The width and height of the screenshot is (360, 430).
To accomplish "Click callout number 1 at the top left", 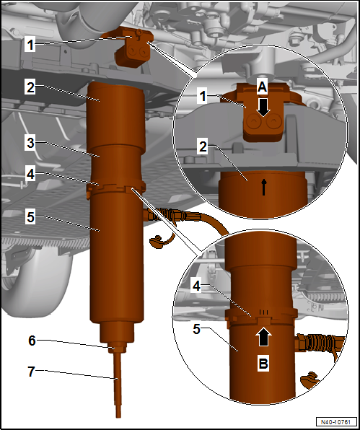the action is pyautogui.click(x=30, y=45).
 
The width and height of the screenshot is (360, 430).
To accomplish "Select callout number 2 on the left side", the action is pyautogui.click(x=30, y=87).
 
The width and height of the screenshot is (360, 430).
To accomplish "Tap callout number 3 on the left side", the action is pyautogui.click(x=30, y=144).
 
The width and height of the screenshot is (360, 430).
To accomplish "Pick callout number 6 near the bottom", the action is pyautogui.click(x=32, y=341).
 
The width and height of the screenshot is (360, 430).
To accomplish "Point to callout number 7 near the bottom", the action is pyautogui.click(x=32, y=372).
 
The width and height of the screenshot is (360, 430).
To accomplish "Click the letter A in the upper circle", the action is pyautogui.click(x=263, y=87).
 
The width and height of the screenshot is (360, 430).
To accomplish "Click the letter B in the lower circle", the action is pyautogui.click(x=263, y=364).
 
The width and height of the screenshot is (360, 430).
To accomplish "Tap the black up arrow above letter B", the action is pyautogui.click(x=263, y=337).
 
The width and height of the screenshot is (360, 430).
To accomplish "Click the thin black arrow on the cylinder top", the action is pyautogui.click(x=264, y=188).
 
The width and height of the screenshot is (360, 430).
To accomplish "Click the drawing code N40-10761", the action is pyautogui.click(x=337, y=421).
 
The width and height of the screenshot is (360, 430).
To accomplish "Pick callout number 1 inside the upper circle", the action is pyautogui.click(x=203, y=97).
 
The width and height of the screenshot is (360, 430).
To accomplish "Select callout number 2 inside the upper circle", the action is pyautogui.click(x=203, y=147).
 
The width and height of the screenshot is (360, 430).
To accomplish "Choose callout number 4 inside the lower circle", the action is pyautogui.click(x=196, y=286).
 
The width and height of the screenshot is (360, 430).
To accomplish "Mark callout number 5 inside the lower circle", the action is pyautogui.click(x=197, y=329).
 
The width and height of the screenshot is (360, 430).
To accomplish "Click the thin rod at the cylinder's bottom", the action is pyautogui.click(x=118, y=385).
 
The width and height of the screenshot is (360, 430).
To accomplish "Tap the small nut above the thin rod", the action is pyautogui.click(x=118, y=348).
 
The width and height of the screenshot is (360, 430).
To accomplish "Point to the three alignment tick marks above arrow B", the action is pyautogui.click(x=263, y=312).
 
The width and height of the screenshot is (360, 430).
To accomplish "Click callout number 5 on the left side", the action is pyautogui.click(x=30, y=217).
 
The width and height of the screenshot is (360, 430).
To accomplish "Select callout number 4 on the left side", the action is pyautogui.click(x=30, y=175).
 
